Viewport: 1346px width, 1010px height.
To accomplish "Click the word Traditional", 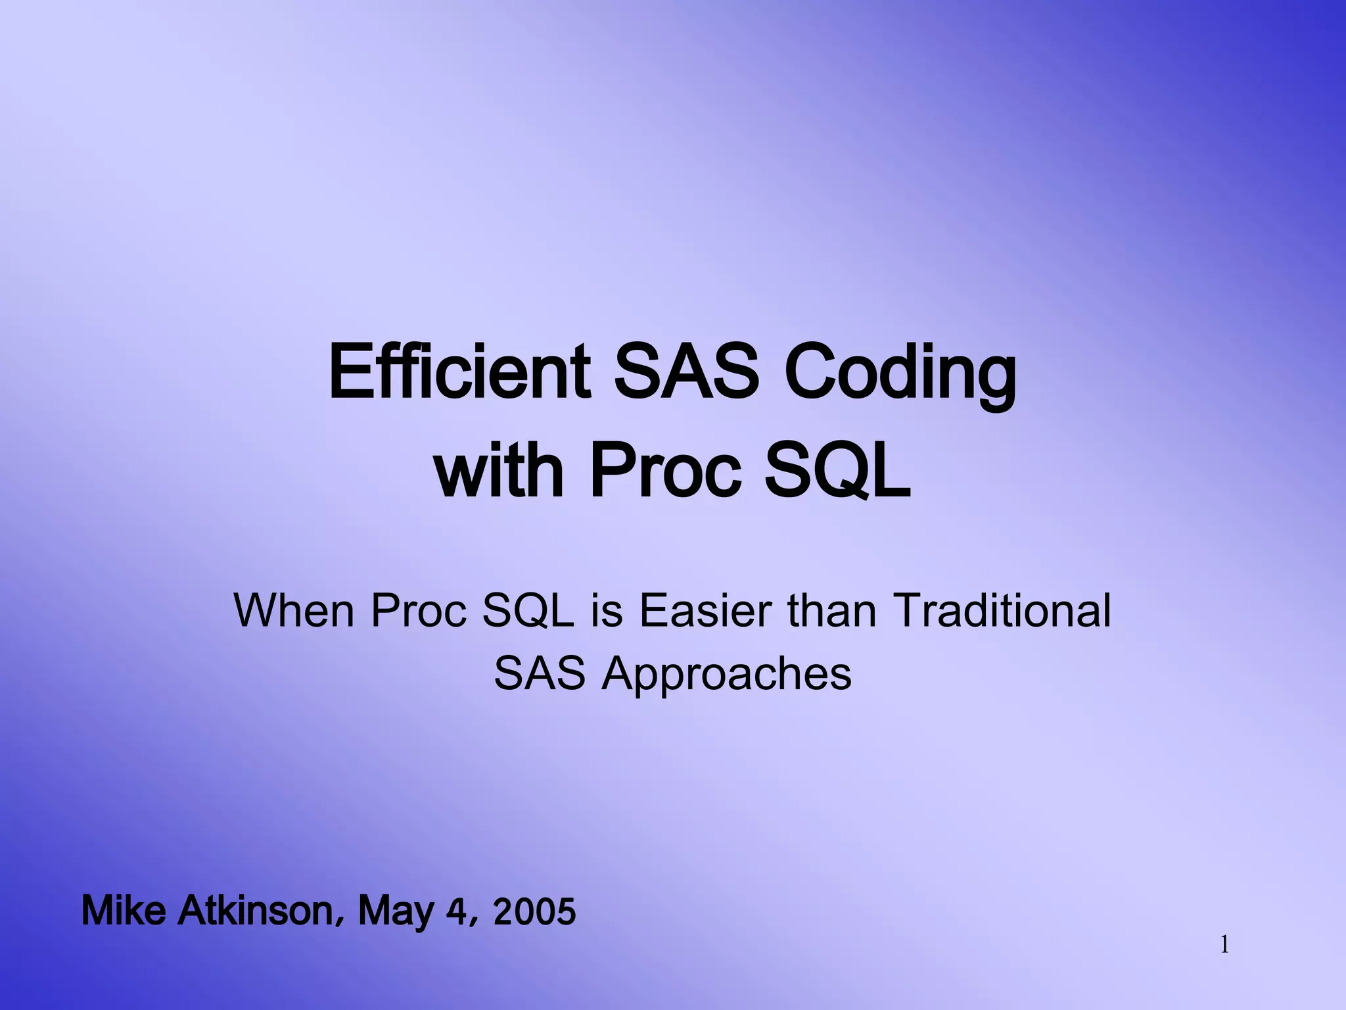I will [1002, 610].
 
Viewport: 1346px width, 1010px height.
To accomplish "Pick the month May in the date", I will [396, 913].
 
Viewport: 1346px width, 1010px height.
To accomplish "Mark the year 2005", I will [534, 912].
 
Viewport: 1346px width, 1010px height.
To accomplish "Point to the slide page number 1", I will [1224, 946].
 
